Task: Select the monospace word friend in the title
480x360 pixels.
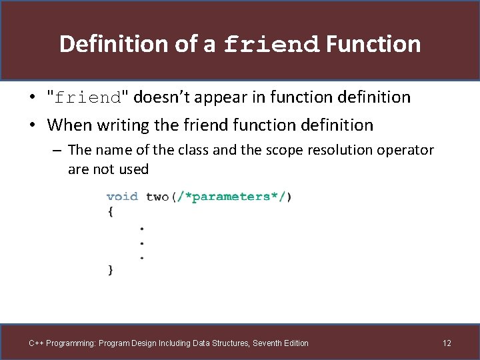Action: [273, 45]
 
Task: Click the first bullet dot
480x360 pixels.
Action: [32, 98]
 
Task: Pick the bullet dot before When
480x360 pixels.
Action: [32, 125]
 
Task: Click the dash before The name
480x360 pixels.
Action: [57, 150]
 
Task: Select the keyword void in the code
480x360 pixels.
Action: [122, 197]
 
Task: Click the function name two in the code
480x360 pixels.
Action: [157, 197]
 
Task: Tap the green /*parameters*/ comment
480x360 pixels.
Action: [231, 197]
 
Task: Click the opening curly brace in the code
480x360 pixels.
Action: [110, 211]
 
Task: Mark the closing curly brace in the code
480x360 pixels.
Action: [110, 270]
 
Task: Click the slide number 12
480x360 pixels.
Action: [447, 343]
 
